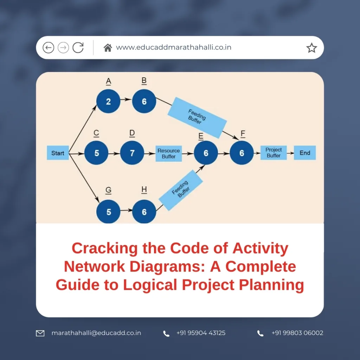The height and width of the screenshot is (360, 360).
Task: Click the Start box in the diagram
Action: (58, 153)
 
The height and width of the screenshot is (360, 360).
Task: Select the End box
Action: (304, 153)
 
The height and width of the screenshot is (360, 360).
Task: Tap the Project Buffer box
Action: (274, 153)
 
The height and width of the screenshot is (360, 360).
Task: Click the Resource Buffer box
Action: (168, 153)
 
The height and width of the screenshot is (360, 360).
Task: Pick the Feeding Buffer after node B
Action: (197, 117)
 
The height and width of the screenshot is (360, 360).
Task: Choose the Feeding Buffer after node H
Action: (181, 190)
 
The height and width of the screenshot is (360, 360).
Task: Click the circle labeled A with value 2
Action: (108, 102)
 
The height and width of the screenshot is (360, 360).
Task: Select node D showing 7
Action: (132, 153)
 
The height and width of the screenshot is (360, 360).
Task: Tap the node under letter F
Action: (242, 153)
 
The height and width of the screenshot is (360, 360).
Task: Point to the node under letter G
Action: (108, 212)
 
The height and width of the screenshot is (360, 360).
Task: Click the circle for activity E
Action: (206, 153)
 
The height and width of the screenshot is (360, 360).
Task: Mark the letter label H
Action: (144, 189)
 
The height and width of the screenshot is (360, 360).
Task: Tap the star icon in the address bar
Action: (311, 48)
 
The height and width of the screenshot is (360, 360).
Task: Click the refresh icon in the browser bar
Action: (78, 47)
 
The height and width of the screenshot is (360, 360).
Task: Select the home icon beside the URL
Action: (108, 47)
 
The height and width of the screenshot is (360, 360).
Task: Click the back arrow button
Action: (49, 47)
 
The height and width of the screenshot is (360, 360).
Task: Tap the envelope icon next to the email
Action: (40, 333)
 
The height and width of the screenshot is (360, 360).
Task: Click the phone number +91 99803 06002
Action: (297, 333)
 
